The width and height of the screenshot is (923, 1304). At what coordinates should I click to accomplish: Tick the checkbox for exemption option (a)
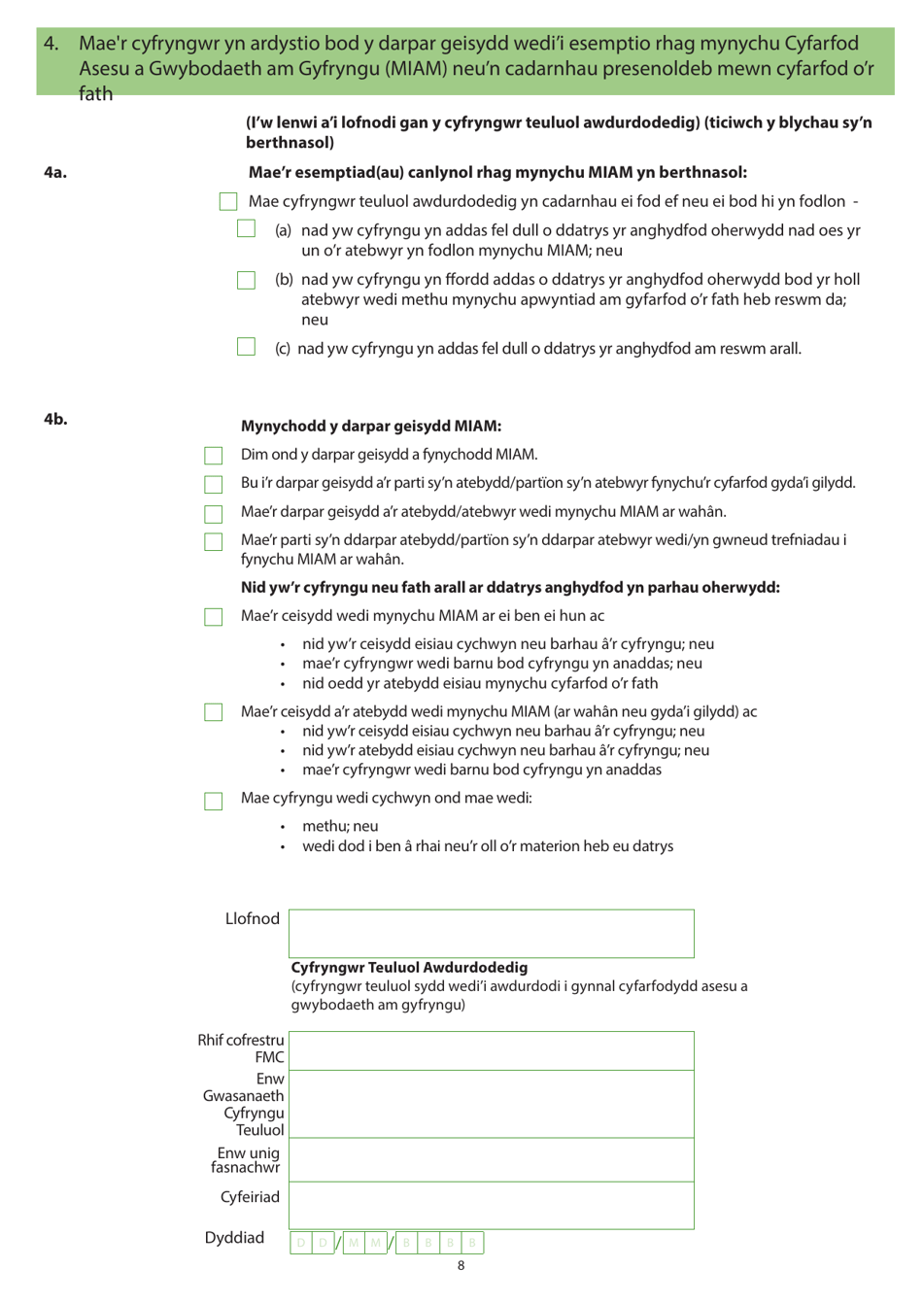tap(247, 229)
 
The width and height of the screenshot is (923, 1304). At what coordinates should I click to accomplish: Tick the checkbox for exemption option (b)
tap(247, 280)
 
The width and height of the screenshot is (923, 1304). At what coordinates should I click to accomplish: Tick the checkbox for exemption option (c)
tap(247, 347)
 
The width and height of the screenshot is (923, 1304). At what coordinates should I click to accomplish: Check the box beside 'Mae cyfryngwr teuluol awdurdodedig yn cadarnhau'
tap(228, 201)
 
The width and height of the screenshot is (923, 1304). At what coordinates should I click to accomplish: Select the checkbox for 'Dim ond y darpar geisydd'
tap(214, 456)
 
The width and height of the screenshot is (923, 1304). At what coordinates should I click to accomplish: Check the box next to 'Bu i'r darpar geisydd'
tap(214, 484)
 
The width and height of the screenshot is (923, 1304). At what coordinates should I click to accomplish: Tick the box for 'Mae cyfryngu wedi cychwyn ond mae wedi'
tap(214, 801)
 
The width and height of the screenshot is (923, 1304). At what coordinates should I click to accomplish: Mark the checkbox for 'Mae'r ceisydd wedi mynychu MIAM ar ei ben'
tap(214, 617)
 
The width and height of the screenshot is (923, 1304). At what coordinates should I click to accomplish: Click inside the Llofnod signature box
tap(492, 934)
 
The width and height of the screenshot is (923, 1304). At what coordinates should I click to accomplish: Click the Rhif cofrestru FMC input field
tap(492, 1051)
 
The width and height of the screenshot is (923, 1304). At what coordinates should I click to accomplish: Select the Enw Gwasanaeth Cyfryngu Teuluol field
tap(492, 1105)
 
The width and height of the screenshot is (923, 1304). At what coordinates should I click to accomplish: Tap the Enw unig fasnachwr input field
tap(492, 1160)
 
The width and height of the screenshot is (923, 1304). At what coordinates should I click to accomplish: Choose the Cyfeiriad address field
tap(492, 1205)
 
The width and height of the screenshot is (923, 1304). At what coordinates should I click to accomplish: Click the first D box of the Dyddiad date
tap(301, 1243)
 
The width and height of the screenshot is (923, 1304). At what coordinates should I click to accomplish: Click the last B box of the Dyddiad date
tap(472, 1243)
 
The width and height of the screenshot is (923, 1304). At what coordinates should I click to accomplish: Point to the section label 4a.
tap(55, 173)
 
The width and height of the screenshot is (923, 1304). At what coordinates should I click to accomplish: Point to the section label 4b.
tap(55, 419)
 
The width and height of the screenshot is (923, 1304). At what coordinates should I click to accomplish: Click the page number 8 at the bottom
tap(461, 1265)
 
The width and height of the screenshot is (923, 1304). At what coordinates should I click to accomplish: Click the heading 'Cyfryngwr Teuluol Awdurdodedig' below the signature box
tap(409, 968)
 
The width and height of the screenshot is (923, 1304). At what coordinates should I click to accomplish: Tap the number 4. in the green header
tap(51, 44)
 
